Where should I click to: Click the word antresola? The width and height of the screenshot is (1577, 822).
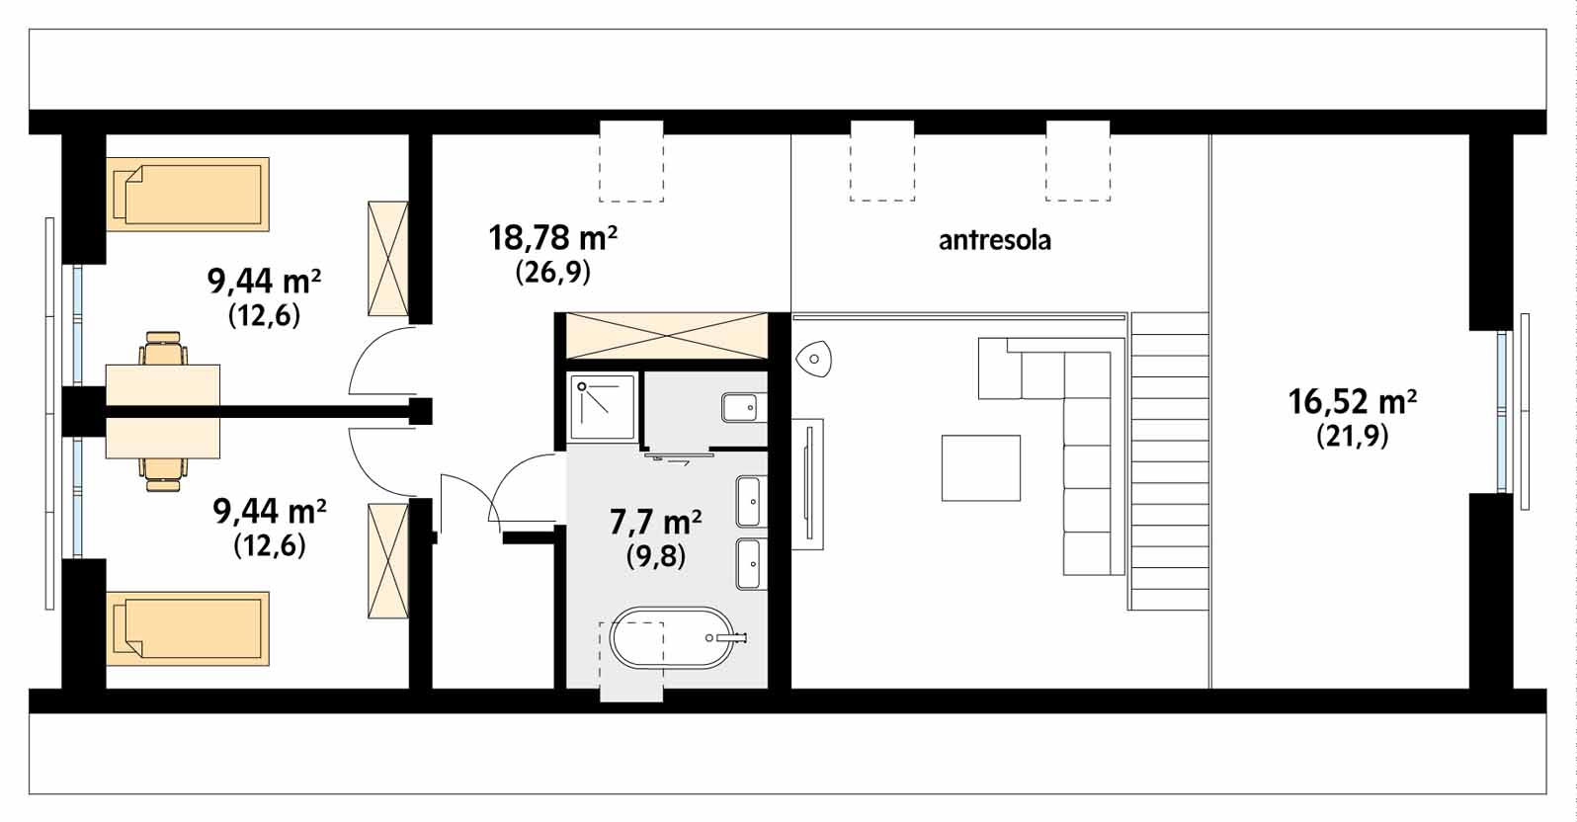[995, 241]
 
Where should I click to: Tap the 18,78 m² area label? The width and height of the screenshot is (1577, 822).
[553, 238]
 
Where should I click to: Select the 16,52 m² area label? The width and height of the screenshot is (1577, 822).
[1353, 402]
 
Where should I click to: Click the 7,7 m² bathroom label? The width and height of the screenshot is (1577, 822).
[655, 523]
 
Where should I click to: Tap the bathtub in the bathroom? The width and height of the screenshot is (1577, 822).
[675, 638]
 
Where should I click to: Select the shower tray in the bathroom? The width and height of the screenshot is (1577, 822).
[603, 408]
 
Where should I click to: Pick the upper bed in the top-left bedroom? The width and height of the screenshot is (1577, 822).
[188, 195]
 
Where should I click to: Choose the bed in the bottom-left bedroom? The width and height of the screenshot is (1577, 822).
[188, 628]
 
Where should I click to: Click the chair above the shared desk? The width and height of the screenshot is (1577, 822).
[163, 349]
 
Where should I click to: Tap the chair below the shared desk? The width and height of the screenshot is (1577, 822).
[163, 474]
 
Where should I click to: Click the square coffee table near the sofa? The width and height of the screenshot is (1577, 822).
[981, 468]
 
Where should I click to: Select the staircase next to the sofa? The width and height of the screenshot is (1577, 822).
[1169, 461]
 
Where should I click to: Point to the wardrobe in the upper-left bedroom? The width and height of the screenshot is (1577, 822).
[388, 259]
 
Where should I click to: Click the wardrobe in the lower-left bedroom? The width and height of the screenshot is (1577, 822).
[388, 561]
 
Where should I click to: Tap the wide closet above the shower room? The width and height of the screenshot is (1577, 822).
[667, 336]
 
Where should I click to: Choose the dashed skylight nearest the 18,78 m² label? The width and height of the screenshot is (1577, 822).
[631, 161]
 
